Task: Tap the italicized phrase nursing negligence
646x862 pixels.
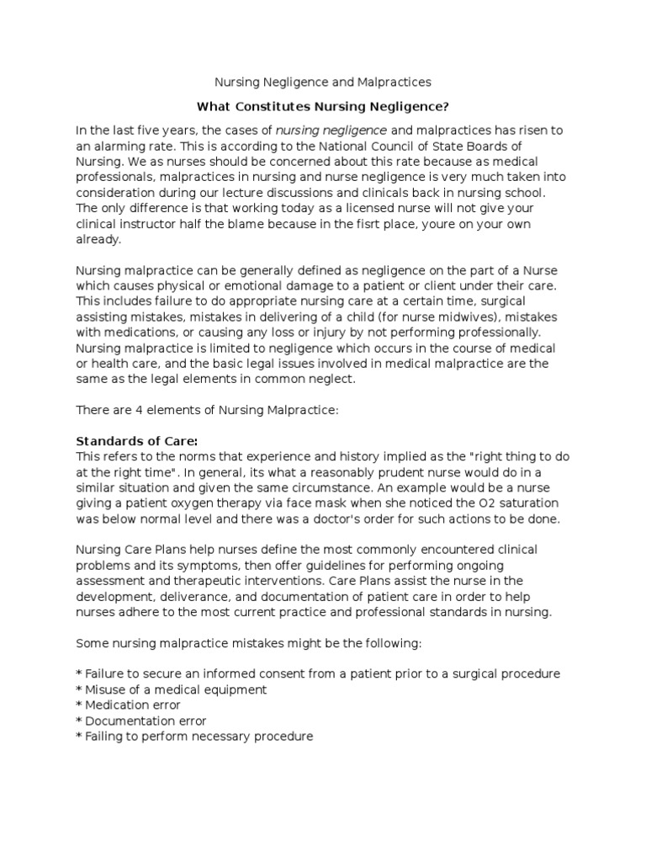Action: (x=331, y=130)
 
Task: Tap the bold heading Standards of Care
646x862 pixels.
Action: (x=137, y=441)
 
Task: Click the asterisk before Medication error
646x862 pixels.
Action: (x=79, y=705)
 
